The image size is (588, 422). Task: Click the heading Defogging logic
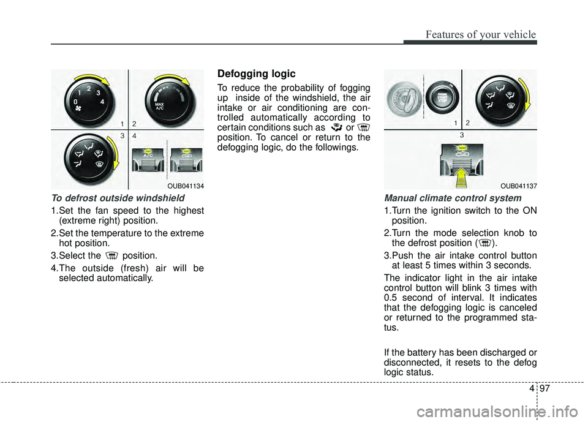coord(256,73)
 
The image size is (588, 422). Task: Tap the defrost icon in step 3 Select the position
coord(111,255)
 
